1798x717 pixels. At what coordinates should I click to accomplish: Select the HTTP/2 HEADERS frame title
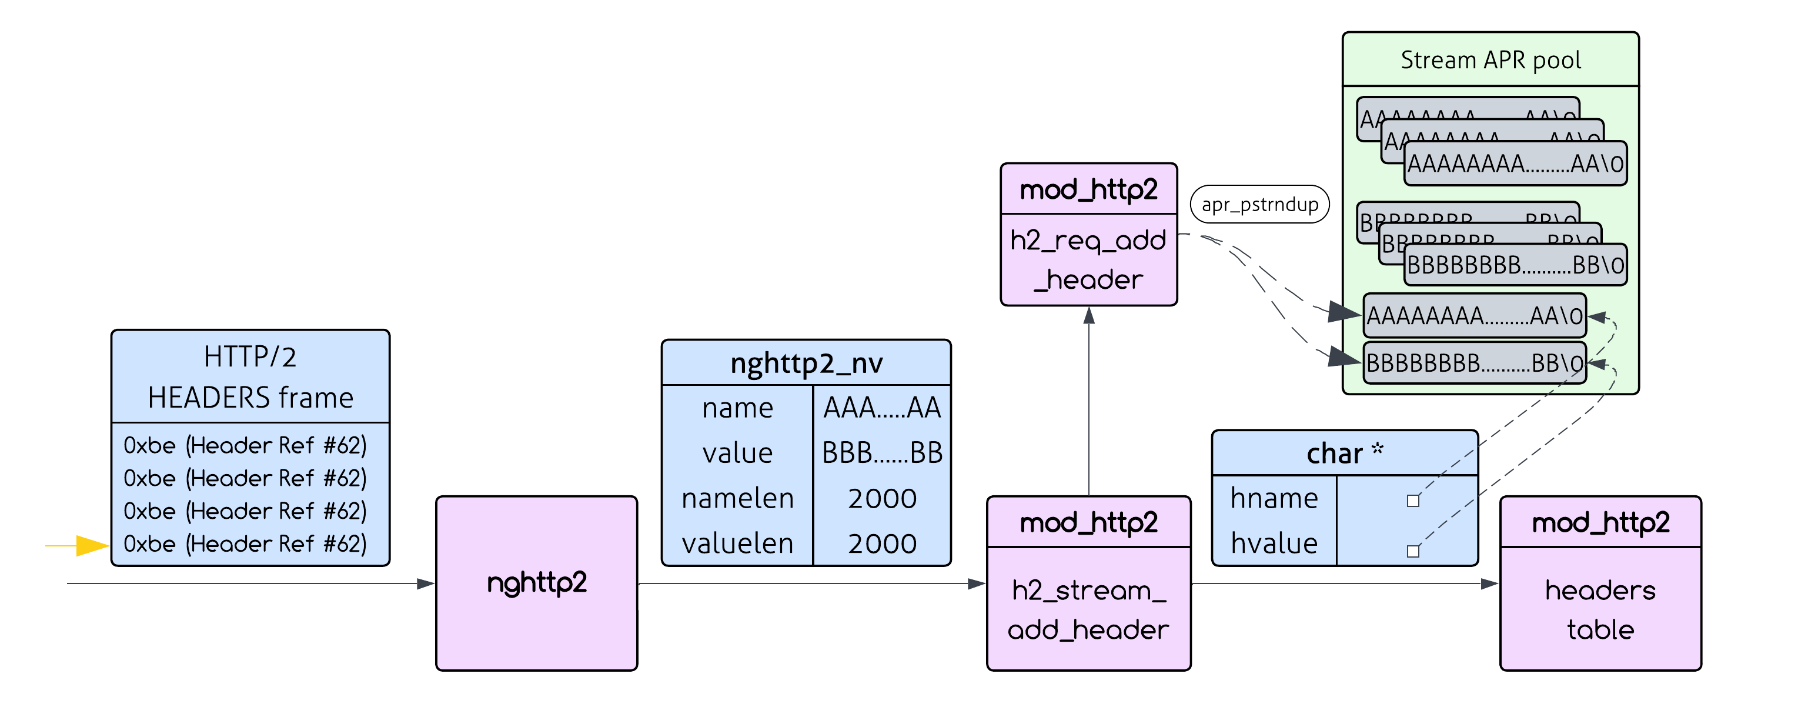point(250,377)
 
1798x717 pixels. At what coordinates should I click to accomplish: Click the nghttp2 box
point(536,583)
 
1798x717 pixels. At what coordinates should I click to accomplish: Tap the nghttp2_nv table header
point(806,363)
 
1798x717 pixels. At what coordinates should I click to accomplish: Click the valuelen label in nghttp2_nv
point(737,543)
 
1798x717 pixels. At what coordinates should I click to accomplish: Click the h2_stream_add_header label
point(1088,609)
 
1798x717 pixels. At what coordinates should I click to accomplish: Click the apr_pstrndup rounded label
point(1259,205)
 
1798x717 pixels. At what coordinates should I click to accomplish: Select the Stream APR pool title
point(1490,60)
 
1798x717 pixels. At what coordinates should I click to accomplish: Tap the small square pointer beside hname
point(1413,501)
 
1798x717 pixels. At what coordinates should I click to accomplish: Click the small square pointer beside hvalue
point(1413,552)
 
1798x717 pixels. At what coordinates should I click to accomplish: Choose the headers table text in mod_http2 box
point(1600,609)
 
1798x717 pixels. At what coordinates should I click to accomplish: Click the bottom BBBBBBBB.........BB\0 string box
point(1473,363)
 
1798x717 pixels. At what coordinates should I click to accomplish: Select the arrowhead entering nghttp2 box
point(426,583)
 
